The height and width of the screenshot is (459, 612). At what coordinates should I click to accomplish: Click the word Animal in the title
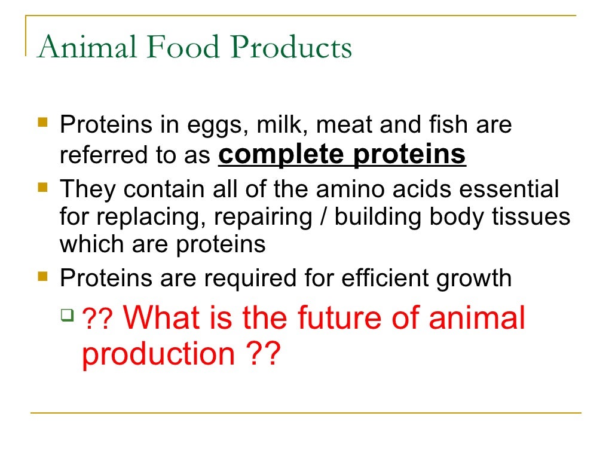pyautogui.click(x=85, y=48)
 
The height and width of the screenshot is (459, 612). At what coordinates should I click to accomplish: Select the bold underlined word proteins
pyautogui.click(x=409, y=155)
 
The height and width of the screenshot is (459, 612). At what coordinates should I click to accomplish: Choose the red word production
pyautogui.click(x=158, y=354)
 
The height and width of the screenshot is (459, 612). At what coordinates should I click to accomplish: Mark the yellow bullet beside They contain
pyautogui.click(x=42, y=187)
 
